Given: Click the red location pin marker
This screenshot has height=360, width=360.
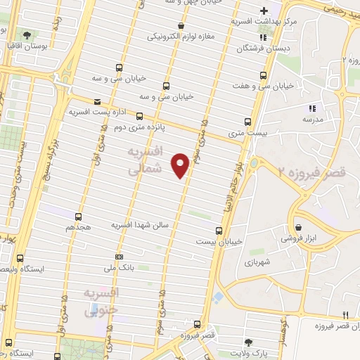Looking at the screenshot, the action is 181,165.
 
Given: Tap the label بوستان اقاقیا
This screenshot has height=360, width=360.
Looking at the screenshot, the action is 26,45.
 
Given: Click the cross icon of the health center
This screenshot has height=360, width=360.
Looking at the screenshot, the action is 264,11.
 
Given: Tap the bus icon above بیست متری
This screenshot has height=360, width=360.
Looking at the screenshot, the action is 246,121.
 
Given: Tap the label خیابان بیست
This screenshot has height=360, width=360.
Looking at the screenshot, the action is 219,241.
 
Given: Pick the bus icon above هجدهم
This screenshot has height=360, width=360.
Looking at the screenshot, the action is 78,217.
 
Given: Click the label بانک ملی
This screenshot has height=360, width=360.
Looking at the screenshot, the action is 118,268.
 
